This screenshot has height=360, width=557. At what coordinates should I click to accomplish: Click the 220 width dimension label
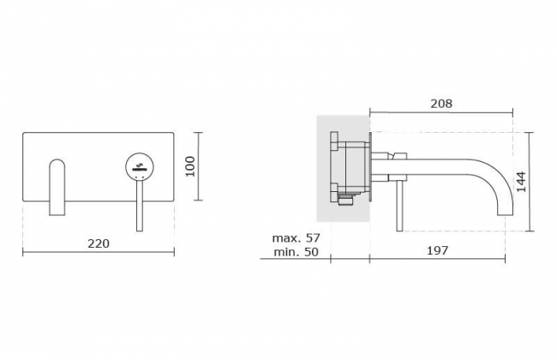tap(99, 243)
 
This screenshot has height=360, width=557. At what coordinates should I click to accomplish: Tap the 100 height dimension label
tap(190, 166)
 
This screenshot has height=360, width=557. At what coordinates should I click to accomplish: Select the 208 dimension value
tap(441, 104)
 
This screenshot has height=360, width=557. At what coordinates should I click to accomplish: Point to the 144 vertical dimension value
tap(521, 182)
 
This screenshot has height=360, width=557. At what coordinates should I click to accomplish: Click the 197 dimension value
tap(437, 250)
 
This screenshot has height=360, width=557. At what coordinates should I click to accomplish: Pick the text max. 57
tap(296, 237)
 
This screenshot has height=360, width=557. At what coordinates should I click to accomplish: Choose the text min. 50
tap(296, 252)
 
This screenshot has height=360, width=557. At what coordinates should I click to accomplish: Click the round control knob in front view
tap(140, 166)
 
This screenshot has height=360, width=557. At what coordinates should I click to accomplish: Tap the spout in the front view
tap(57, 187)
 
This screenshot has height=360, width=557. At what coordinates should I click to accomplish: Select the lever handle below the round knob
tap(140, 206)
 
